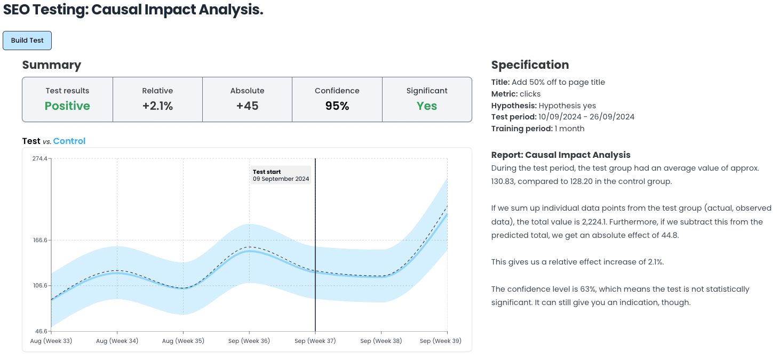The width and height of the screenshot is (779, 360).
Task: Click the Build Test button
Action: tap(27, 41)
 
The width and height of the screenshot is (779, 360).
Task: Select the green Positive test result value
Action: tap(67, 106)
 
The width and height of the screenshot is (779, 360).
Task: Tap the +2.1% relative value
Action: tap(157, 106)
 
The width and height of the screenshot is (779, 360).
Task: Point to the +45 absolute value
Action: tap(247, 106)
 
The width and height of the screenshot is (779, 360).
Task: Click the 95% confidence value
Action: tap(337, 106)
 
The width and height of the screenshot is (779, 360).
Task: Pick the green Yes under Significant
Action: tap(427, 106)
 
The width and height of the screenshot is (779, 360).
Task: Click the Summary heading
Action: tap(52, 65)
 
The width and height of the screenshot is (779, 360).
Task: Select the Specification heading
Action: tap(530, 65)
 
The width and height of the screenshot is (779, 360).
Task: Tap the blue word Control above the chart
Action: tap(69, 141)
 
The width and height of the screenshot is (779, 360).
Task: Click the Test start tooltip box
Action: tap(281, 175)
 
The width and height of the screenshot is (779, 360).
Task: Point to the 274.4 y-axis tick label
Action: tap(39, 158)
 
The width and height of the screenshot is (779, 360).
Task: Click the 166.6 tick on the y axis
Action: tap(39, 240)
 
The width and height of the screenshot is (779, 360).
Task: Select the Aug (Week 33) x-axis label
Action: tap(51, 341)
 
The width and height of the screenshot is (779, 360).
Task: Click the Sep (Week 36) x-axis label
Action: tap(249, 341)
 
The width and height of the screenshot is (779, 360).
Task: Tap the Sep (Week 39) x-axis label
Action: tap(440, 341)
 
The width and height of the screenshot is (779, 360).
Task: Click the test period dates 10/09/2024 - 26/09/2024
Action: tap(586, 117)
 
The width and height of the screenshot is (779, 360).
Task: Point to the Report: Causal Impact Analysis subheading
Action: tap(561, 155)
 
